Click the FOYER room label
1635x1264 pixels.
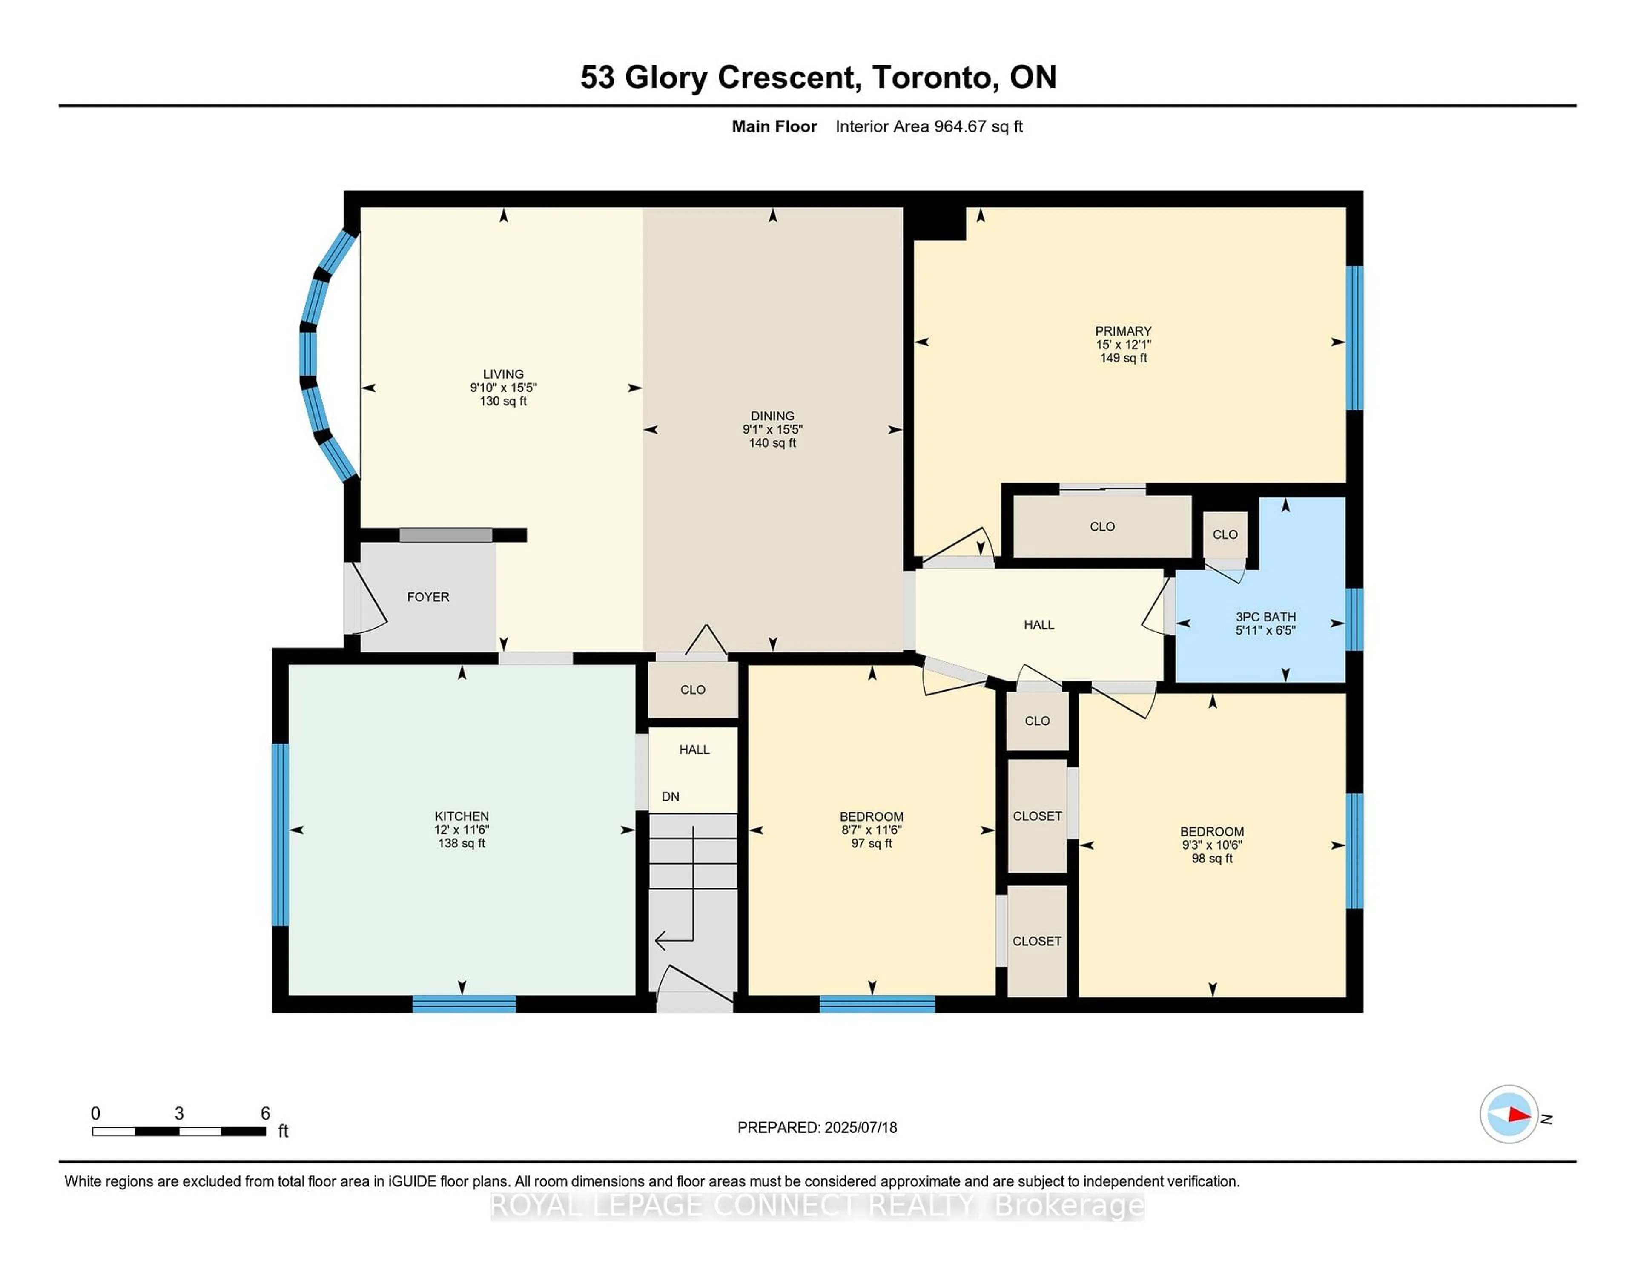coord(428,597)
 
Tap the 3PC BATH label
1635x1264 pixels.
coord(1265,616)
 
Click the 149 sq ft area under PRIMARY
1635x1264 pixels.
coord(1123,358)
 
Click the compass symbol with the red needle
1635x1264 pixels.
coord(1509,1114)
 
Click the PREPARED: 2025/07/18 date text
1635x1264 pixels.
coord(817,1127)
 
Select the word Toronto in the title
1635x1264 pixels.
coord(932,77)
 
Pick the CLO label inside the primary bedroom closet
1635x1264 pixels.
coord(1102,526)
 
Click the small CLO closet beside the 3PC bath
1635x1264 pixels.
coord(1225,534)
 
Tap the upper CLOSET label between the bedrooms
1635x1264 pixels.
coord(1037,816)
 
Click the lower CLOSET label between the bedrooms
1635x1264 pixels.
coord(1037,941)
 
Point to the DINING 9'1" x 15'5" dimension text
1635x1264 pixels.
coord(773,430)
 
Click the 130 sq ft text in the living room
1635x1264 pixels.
coord(503,401)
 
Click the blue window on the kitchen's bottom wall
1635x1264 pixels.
coord(464,1003)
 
